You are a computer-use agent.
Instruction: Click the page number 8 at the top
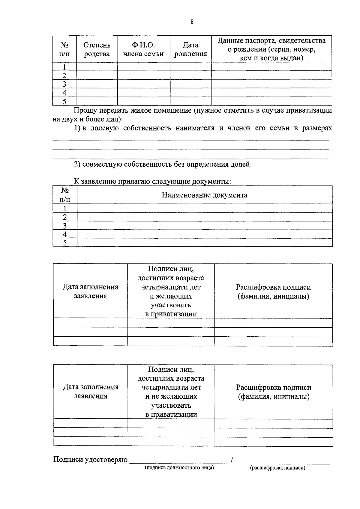tap(192, 22)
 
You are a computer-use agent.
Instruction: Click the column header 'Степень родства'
tap(97, 49)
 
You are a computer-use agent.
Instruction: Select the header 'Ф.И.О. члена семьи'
tap(143, 49)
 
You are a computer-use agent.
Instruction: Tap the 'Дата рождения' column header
tap(190, 49)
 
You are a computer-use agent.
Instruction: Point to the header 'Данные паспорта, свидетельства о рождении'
tap(271, 49)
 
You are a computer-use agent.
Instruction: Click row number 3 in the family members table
tap(64, 84)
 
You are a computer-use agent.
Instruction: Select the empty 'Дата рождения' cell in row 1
tap(190, 67)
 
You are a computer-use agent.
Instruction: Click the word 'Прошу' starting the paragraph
tap(85, 110)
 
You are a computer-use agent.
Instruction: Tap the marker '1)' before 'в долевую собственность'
tap(77, 128)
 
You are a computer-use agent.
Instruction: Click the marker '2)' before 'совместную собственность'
tap(77, 164)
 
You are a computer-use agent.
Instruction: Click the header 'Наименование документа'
tap(205, 195)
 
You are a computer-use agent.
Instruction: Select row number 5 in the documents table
tap(64, 243)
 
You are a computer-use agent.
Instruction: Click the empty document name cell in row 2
tap(205, 217)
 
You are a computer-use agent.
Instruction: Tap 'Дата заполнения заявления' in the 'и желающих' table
tap(90, 291)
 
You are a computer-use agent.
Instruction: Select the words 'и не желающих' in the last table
tap(171, 397)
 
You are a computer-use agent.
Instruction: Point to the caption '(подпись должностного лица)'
tap(179, 468)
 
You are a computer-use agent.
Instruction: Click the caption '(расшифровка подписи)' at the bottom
tap(277, 468)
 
